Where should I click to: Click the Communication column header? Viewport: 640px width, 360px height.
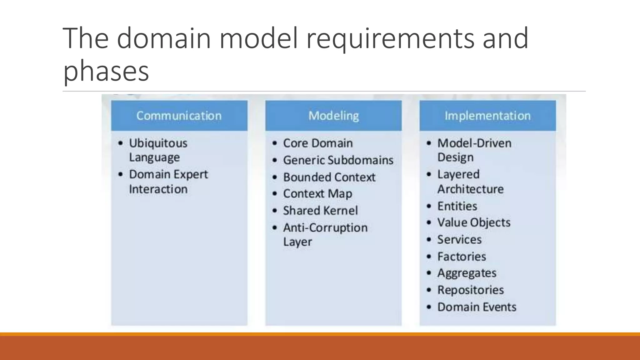click(179, 116)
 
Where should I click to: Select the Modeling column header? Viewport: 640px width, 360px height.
click(333, 116)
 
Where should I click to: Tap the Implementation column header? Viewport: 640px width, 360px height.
click(487, 116)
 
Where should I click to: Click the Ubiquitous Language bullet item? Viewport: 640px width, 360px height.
click(158, 150)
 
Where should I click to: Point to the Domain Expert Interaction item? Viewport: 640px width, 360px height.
click(168, 182)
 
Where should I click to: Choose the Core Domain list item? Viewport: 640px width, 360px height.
click(318, 143)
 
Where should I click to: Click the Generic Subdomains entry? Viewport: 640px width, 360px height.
click(338, 160)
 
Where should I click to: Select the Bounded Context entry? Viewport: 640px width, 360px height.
click(329, 177)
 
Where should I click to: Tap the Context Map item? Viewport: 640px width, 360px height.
click(317, 194)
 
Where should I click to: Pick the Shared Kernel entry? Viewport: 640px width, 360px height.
click(320, 211)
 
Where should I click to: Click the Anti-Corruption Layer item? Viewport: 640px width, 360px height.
click(325, 234)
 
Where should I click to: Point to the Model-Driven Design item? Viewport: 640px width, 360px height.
click(474, 150)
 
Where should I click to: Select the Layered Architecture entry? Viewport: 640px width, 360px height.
click(470, 182)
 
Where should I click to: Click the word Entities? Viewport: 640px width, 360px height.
click(457, 206)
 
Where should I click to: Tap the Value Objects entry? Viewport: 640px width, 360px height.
click(474, 222)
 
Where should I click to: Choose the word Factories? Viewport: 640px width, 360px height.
click(462, 257)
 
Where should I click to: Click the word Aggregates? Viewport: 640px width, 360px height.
click(467, 273)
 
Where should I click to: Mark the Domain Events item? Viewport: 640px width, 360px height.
click(477, 307)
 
